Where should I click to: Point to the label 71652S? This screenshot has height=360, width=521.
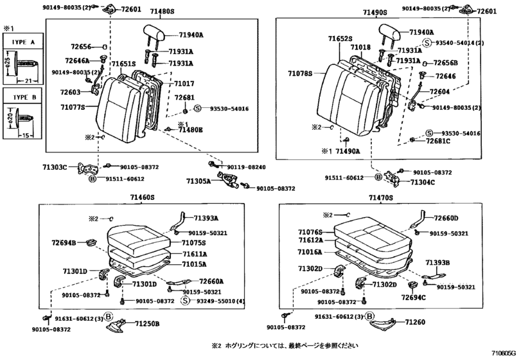pos(340,39)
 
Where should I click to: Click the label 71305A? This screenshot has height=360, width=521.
pos(199,182)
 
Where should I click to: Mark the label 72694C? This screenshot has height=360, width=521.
pos(413,298)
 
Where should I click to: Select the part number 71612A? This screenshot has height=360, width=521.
pos(310,240)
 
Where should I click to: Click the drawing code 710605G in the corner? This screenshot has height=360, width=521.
pos(504,353)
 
